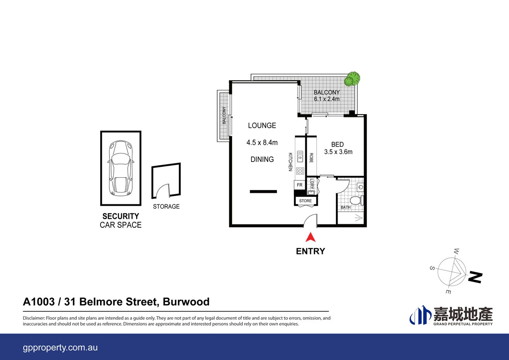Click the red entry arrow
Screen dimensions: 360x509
310,237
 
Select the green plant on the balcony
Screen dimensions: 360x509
352,79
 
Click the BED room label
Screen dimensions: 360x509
338,145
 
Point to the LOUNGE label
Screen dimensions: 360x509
262,126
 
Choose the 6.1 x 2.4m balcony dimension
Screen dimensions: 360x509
327,99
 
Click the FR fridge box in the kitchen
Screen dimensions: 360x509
299,185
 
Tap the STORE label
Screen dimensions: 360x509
305,201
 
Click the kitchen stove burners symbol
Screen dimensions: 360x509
300,171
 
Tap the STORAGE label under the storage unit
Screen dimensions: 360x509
166,207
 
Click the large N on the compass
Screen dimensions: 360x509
475,277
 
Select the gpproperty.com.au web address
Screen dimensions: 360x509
60,347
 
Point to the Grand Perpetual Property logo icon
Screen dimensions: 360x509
420,316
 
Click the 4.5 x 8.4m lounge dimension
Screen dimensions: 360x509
262,143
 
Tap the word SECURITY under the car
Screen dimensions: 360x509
120,216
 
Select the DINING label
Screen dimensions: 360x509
262,159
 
